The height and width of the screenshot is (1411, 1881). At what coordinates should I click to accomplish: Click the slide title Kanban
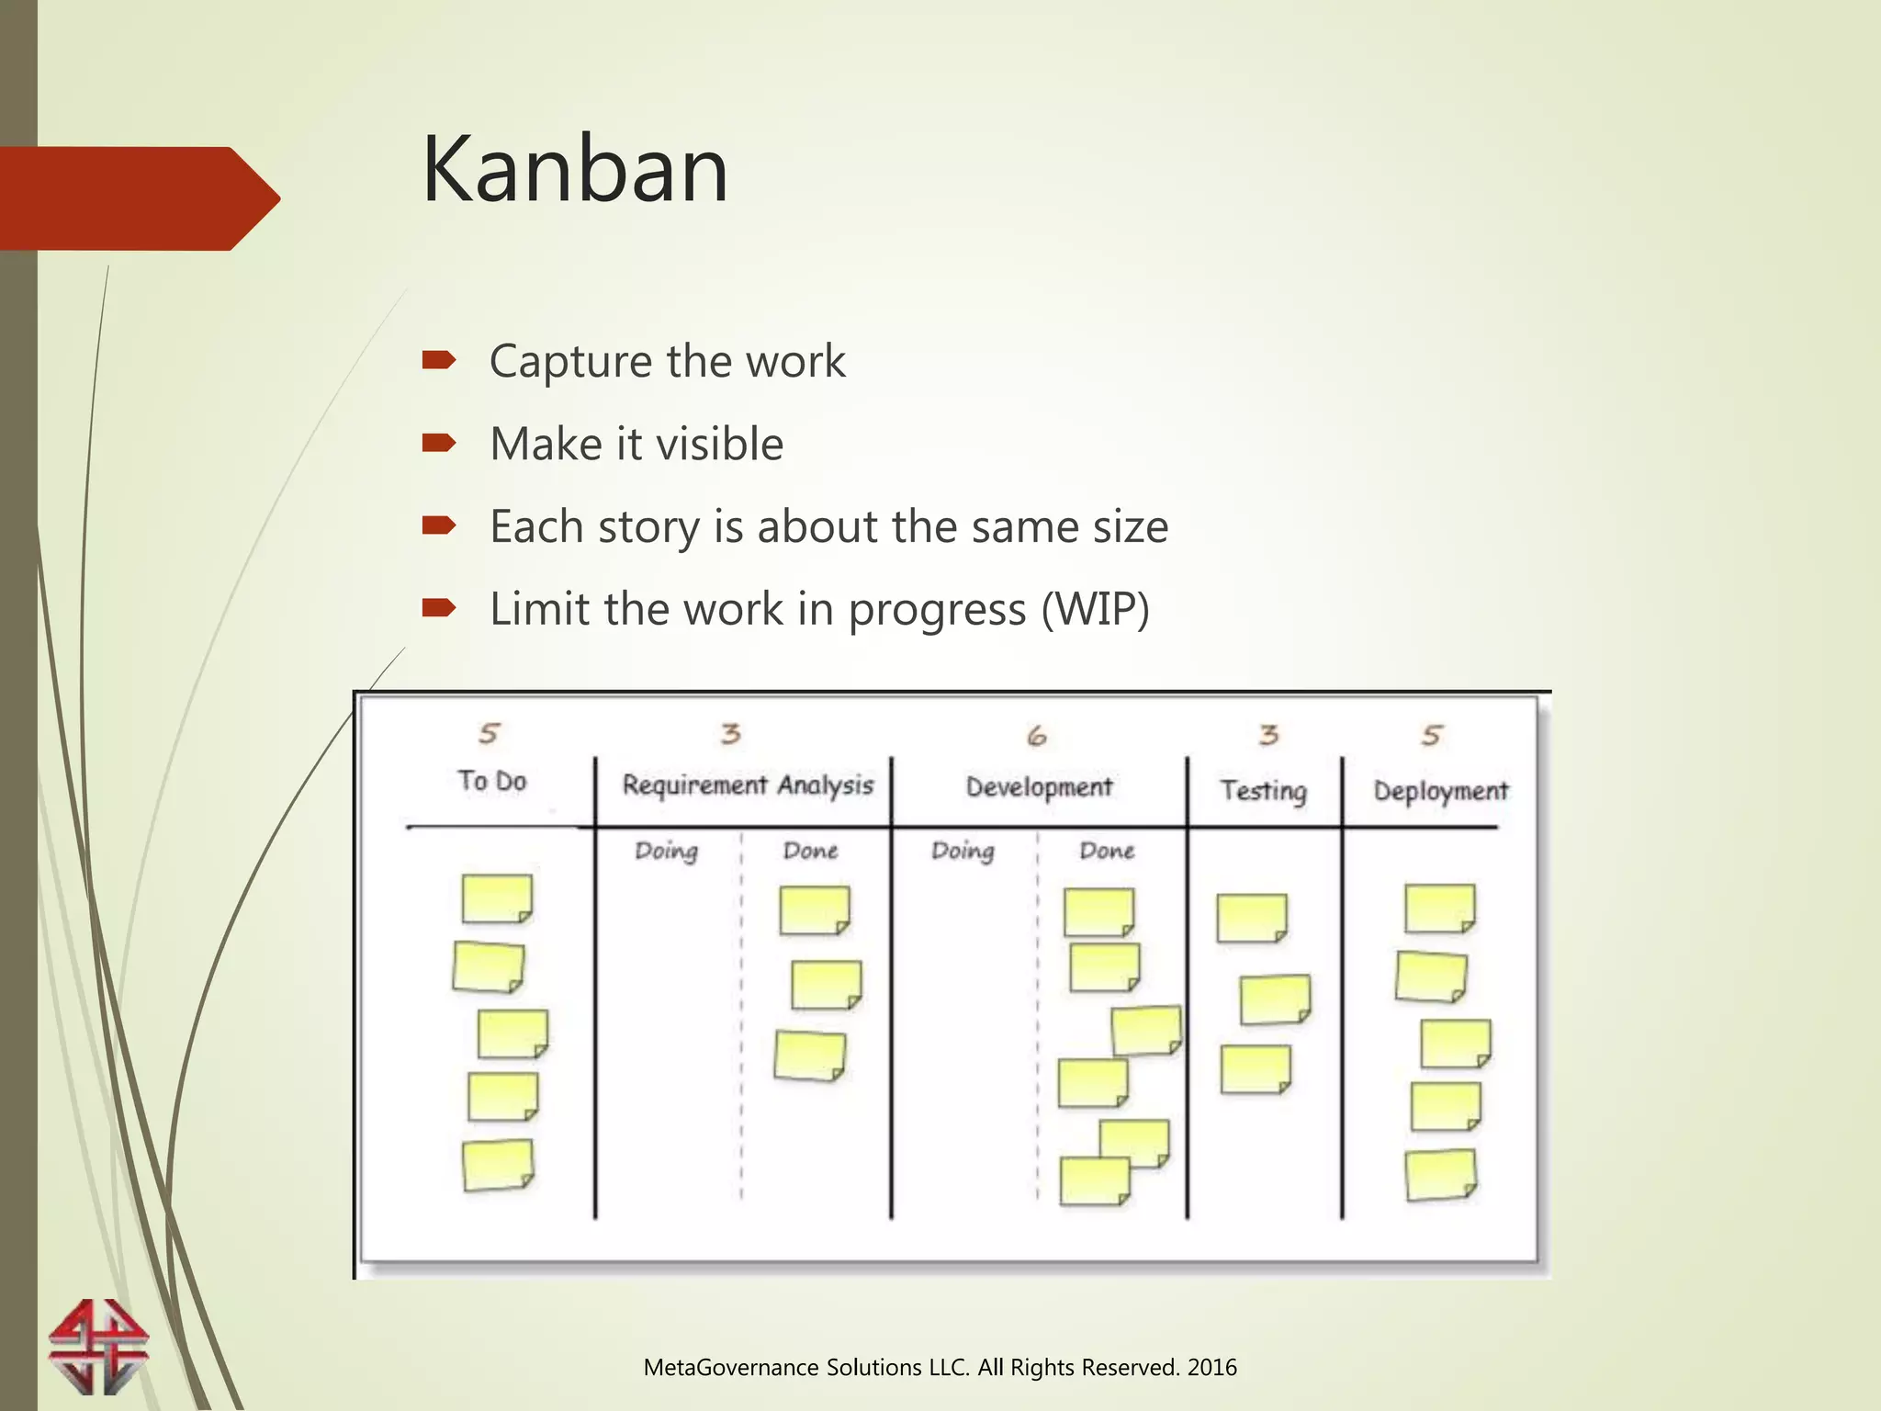pyautogui.click(x=575, y=170)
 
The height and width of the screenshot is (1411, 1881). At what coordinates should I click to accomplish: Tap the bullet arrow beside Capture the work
pyautogui.click(x=439, y=360)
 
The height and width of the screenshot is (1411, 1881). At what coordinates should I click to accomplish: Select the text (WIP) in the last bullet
pyautogui.click(x=1095, y=609)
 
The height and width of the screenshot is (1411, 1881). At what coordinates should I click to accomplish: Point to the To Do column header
pyautogui.click(x=492, y=781)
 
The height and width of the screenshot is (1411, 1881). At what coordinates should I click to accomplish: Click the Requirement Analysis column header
pyautogui.click(x=748, y=785)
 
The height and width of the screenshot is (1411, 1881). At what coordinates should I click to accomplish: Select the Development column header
pyautogui.click(x=1039, y=787)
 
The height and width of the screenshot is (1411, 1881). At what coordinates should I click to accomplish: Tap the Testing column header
pyautogui.click(x=1263, y=791)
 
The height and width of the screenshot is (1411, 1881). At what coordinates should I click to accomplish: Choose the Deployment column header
pyautogui.click(x=1440, y=791)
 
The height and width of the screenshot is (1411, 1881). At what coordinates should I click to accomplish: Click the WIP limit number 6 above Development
pyautogui.click(x=1036, y=736)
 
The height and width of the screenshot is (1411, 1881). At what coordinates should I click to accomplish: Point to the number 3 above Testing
pyautogui.click(x=1268, y=735)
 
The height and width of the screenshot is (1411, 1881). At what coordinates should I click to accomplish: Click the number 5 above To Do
pyautogui.click(x=489, y=733)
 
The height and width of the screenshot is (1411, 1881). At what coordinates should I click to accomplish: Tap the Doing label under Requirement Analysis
pyautogui.click(x=667, y=851)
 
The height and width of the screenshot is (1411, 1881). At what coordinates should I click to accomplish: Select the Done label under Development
pyautogui.click(x=1107, y=851)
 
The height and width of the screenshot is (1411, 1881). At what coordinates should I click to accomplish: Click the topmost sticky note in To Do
pyautogui.click(x=497, y=898)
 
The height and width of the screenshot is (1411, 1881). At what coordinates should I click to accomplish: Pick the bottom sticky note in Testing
pyautogui.click(x=1256, y=1069)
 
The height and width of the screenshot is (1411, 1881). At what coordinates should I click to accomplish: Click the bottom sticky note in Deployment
pyautogui.click(x=1440, y=1175)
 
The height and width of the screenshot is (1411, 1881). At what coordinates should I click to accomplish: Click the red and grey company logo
pyautogui.click(x=99, y=1347)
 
